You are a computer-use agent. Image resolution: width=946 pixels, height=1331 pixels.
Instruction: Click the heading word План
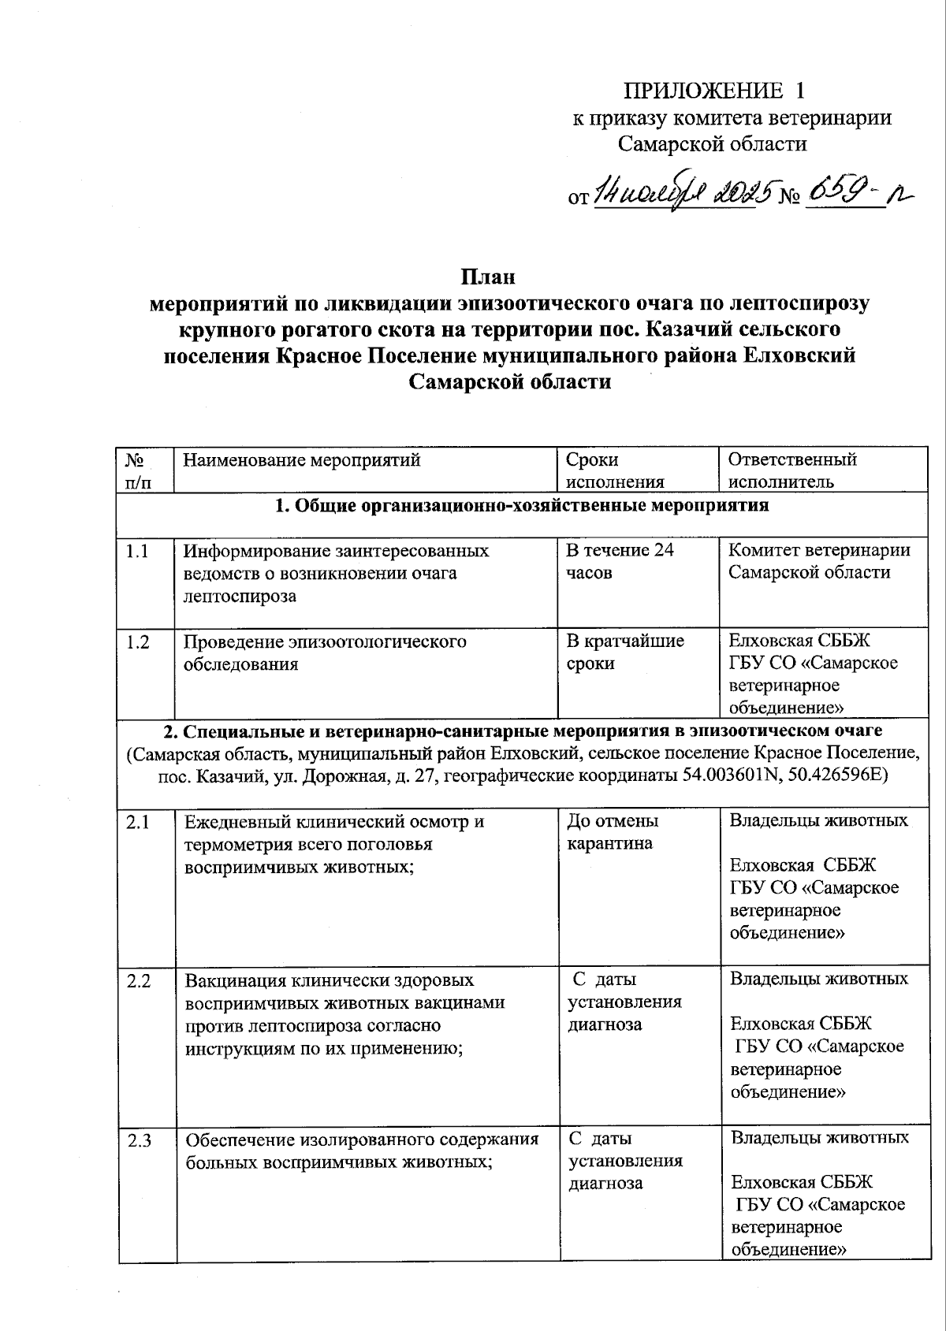[x=487, y=277]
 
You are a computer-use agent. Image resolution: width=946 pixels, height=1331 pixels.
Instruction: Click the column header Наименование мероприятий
[x=301, y=459]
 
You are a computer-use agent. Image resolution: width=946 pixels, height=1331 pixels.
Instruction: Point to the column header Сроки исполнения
[x=615, y=470]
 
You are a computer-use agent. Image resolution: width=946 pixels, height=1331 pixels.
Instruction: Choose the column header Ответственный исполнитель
[x=791, y=470]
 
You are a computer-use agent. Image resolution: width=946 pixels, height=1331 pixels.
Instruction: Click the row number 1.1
[x=137, y=551]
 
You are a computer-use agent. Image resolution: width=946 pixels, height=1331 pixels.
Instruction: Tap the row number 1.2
[x=137, y=641]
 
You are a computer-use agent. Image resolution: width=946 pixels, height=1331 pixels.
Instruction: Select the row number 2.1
[x=137, y=822]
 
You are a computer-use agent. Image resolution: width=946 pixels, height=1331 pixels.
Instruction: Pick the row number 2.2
[x=137, y=980]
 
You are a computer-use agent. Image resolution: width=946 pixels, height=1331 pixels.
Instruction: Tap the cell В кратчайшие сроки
[x=624, y=652]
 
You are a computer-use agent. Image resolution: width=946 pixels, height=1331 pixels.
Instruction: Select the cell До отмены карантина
[x=613, y=832]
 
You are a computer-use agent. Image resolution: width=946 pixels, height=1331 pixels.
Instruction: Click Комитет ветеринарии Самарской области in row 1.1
[x=818, y=561]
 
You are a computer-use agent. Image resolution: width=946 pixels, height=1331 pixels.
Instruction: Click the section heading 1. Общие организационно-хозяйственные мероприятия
[x=521, y=506]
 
